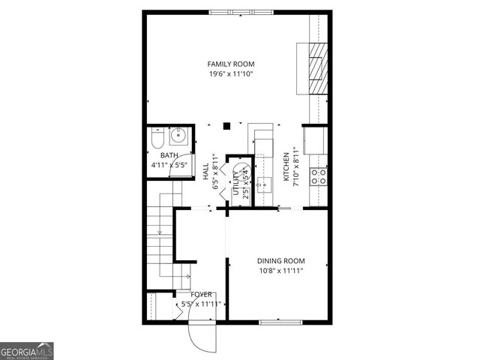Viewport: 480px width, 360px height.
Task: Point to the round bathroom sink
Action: pyautogui.click(x=178, y=136)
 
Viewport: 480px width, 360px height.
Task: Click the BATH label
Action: pyautogui.click(x=169, y=155)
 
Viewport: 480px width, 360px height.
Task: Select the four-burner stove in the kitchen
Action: pyautogui.click(x=319, y=176)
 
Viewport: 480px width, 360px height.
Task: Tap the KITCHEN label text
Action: pyautogui.click(x=286, y=168)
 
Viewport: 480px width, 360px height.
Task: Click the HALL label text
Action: pyautogui.click(x=206, y=170)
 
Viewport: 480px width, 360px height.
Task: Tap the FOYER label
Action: pyautogui.click(x=201, y=295)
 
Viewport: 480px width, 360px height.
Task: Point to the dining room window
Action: pyautogui.click(x=280, y=322)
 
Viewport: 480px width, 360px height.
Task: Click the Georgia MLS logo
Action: pyautogui.click(x=27, y=351)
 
